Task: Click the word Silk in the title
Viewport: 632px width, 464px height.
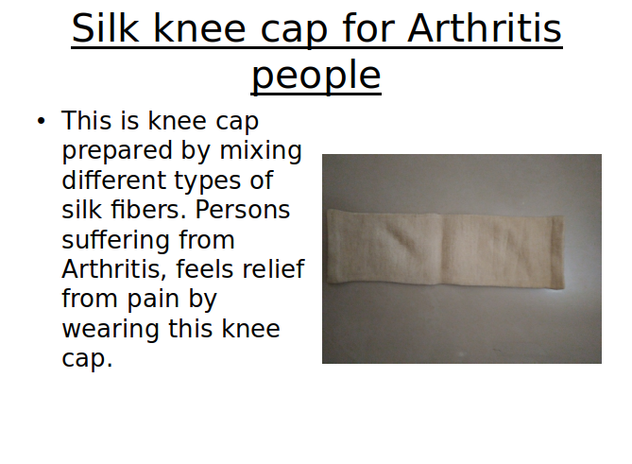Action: [x=105, y=27]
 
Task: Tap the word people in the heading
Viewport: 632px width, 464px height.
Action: [x=316, y=76]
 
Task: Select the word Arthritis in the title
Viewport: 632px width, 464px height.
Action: [x=485, y=27]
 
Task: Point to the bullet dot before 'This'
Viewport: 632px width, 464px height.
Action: [x=41, y=121]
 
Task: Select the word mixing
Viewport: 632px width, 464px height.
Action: [x=261, y=151]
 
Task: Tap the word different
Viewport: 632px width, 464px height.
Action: [x=114, y=180]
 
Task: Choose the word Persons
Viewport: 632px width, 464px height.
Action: [x=243, y=210]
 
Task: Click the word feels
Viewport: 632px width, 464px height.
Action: [x=204, y=269]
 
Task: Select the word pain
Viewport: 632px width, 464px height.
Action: [x=153, y=301]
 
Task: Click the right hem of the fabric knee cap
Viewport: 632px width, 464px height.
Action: [x=557, y=252]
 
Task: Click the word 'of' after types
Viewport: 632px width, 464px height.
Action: [x=261, y=180]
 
